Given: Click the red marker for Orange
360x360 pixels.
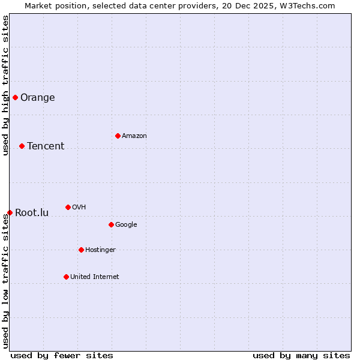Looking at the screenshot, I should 15,97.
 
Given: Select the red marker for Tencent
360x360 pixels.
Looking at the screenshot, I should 22,146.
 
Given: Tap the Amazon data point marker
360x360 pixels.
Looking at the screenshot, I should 118,136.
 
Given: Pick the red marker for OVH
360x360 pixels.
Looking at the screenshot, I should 68,207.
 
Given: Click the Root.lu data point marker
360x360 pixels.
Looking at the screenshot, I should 10,212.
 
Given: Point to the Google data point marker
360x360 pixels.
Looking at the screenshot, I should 111,224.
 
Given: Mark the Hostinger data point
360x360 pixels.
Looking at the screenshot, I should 81,250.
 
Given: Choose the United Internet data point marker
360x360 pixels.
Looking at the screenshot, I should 66,277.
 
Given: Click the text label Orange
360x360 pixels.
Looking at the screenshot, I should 38,97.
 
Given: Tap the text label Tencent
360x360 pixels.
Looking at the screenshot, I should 46,146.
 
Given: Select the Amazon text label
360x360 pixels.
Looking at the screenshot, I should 134,136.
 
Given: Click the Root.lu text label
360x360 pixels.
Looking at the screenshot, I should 32,212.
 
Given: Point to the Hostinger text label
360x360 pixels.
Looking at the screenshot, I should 100,250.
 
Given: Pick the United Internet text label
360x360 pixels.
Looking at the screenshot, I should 95,277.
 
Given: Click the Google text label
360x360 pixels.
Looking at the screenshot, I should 126,224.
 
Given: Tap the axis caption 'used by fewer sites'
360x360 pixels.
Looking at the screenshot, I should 62,355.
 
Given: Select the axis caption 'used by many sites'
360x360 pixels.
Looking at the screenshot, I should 301,355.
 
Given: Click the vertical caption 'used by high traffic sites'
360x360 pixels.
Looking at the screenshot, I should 5,85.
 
